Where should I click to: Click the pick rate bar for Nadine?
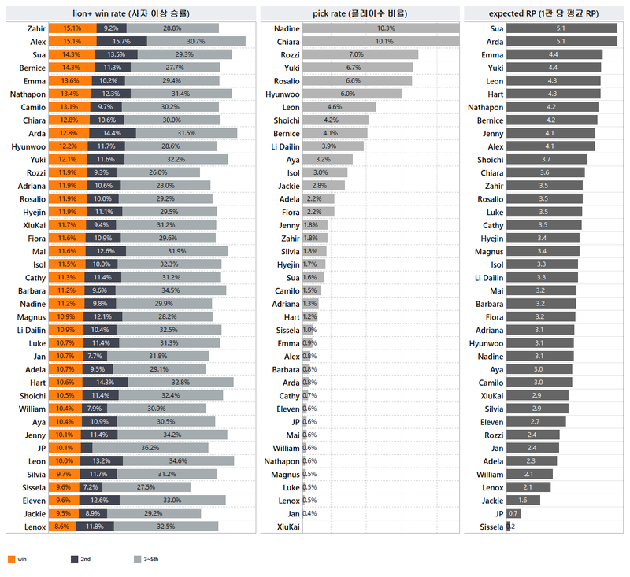click(380, 28)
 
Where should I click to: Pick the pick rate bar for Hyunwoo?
click(351, 94)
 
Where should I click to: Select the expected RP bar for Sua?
click(561, 28)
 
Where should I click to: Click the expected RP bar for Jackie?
click(522, 501)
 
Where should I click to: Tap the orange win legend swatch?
click(11, 559)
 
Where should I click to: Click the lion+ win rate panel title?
click(131, 13)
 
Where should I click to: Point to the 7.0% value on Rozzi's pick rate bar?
click(356, 55)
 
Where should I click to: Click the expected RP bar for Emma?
click(554, 54)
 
